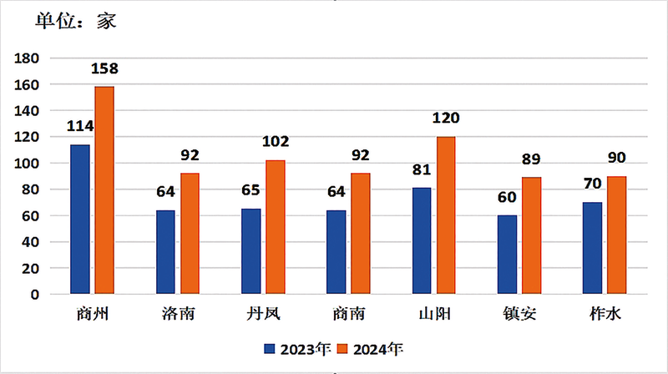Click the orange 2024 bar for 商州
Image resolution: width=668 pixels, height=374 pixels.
point(104,190)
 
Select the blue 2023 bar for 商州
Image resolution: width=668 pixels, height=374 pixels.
point(80,219)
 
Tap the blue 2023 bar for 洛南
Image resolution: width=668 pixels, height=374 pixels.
point(165,252)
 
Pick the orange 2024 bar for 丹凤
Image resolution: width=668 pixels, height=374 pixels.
point(275,227)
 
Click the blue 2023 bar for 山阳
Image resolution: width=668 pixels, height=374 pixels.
point(422,240)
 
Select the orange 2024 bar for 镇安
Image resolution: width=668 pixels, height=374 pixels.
point(532,235)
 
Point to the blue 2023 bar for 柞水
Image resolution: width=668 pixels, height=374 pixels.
point(593,248)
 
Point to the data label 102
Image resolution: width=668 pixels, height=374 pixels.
point(276,142)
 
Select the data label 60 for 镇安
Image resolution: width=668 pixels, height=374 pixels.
point(508,197)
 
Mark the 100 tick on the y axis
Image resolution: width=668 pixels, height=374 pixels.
point(27,164)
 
